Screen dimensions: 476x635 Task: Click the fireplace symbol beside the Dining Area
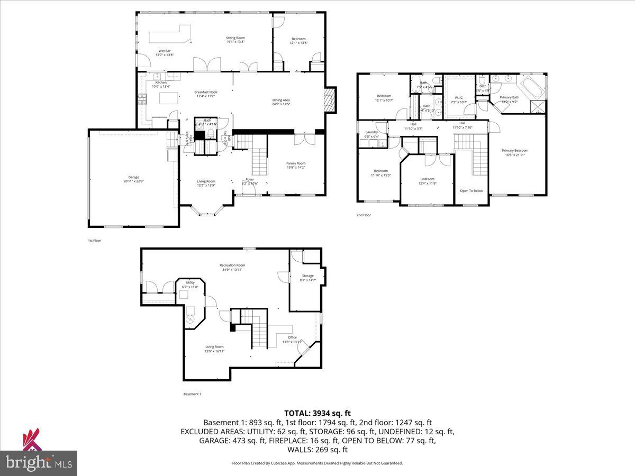[330, 99]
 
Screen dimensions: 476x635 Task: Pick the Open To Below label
[471, 191]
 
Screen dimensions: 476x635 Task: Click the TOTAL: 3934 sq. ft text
[317, 413]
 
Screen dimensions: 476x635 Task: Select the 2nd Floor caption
[364, 215]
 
